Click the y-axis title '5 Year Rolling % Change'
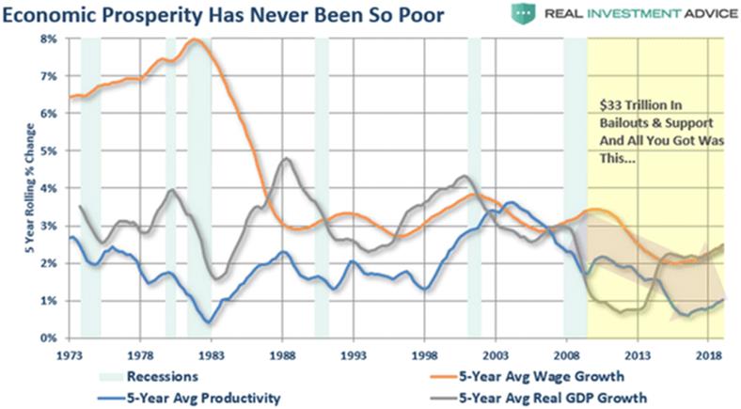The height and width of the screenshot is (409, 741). [x=25, y=188]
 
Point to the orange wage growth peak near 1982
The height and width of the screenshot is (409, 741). [x=196, y=39]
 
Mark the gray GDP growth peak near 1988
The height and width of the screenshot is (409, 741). [x=286, y=158]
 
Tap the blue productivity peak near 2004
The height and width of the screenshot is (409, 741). [x=510, y=202]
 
